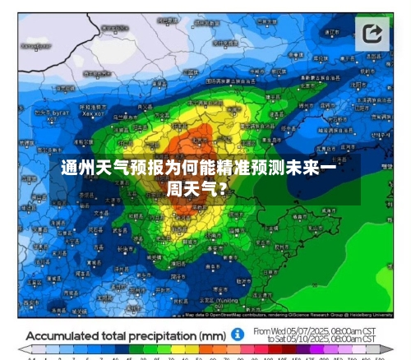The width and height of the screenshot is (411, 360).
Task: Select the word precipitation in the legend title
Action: [x=167, y=335]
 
